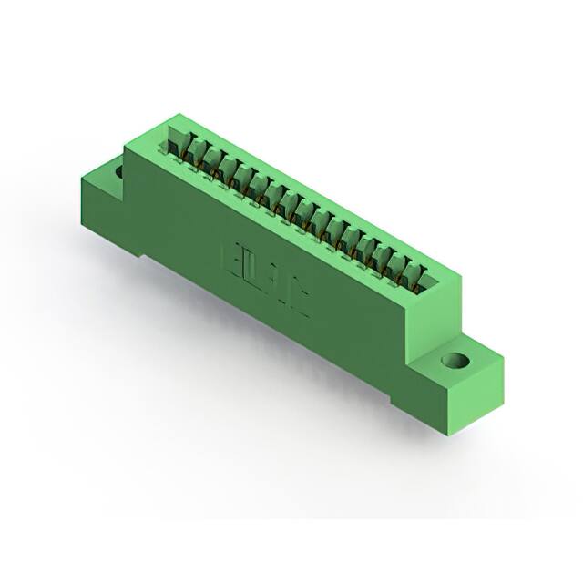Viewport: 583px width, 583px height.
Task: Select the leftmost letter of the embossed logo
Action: [x=231, y=258]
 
